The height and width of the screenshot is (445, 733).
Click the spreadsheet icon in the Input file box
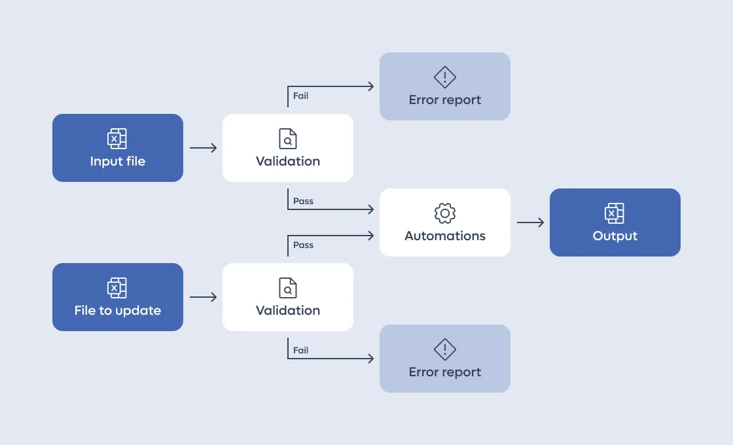[x=117, y=138]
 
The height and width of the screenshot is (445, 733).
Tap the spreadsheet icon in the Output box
[x=615, y=213]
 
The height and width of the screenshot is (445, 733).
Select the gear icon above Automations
[x=445, y=213]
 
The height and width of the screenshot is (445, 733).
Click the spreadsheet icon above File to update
[x=117, y=287]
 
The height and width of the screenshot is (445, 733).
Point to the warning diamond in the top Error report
[x=445, y=77]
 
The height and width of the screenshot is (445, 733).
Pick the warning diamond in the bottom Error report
[x=445, y=349]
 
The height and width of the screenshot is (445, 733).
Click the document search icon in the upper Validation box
[x=288, y=138]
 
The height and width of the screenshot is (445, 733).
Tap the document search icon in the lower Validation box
[x=288, y=287]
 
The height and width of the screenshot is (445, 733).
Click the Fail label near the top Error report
[x=300, y=96]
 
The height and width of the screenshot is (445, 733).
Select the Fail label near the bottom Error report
[x=300, y=350]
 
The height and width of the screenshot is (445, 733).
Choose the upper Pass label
[x=304, y=201]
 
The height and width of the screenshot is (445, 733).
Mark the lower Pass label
[x=304, y=245]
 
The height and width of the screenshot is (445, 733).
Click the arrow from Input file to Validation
[x=204, y=148]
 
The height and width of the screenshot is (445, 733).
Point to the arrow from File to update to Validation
[x=204, y=297]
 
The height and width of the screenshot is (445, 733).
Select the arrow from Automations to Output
[x=531, y=222]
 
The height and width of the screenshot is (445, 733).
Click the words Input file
[x=118, y=161]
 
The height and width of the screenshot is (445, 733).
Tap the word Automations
[x=445, y=236]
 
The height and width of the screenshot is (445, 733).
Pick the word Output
[x=615, y=236]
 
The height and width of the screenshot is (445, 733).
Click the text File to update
[x=118, y=310]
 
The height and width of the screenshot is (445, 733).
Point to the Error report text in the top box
[x=445, y=100]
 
